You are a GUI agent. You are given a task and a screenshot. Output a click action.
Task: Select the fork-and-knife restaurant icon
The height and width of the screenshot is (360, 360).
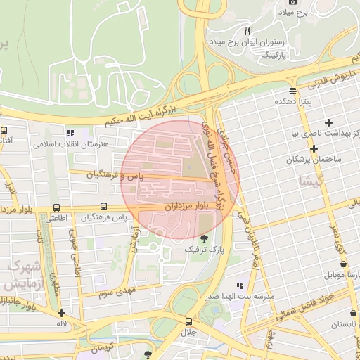pyautogui.click(x=247, y=31)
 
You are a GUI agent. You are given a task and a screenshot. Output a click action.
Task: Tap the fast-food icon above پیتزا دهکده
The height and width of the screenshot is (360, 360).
pyautogui.click(x=292, y=91)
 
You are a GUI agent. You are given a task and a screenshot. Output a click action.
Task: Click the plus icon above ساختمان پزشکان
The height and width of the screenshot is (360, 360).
pyautogui.click(x=314, y=148)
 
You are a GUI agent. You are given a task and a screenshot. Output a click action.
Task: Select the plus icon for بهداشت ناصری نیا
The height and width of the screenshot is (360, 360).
pyautogui.click(x=328, y=122)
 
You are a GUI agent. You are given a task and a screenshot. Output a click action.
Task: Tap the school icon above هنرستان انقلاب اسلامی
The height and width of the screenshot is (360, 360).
pyautogui.click(x=70, y=132)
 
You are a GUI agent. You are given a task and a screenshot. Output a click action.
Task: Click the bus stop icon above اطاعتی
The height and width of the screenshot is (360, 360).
pyautogui.click(x=56, y=207)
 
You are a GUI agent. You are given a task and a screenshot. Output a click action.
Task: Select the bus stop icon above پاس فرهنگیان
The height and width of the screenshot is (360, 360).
pyautogui.click(x=103, y=207)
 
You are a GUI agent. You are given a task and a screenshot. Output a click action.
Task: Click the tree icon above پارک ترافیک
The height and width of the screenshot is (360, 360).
pyautogui.click(x=205, y=239)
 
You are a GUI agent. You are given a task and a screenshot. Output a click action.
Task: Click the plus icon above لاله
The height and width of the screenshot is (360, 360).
pyautogui.click(x=62, y=314)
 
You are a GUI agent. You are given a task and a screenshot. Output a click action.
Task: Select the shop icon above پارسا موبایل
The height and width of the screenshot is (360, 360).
pyautogui.click(x=342, y=264)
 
